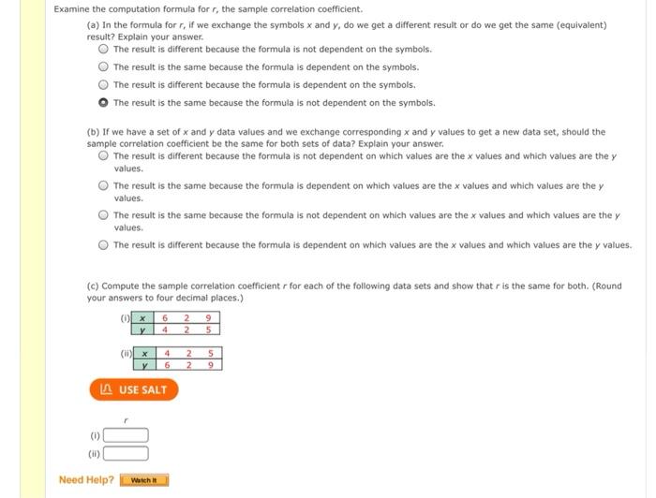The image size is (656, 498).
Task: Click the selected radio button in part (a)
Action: pyautogui.click(x=104, y=103)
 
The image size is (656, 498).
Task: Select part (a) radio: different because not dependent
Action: pyautogui.click(x=104, y=49)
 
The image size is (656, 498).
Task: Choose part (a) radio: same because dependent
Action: pyautogui.click(x=104, y=66)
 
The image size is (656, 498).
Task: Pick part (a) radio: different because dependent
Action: pyautogui.click(x=104, y=84)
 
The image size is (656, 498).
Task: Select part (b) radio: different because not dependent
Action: pyautogui.click(x=104, y=155)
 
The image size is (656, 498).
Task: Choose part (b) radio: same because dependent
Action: pyautogui.click(x=104, y=185)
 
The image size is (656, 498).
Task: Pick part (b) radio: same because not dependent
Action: pyautogui.click(x=104, y=215)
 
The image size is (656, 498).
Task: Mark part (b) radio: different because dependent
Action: pyautogui.click(x=104, y=245)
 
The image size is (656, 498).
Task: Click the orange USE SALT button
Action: pyautogui.click(x=133, y=389)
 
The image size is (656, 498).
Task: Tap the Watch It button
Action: pyautogui.click(x=144, y=481)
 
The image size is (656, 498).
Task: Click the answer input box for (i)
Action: pyautogui.click(x=126, y=435)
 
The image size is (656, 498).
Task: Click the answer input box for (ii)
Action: pyautogui.click(x=126, y=454)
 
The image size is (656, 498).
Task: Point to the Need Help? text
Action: pyautogui.click(x=86, y=480)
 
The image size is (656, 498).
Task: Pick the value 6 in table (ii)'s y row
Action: pyautogui.click(x=167, y=365)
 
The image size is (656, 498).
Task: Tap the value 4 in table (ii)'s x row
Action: pyautogui.click(x=167, y=354)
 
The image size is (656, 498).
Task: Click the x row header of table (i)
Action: pyautogui.click(x=142, y=318)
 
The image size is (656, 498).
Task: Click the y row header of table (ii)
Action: pyautogui.click(x=144, y=365)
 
